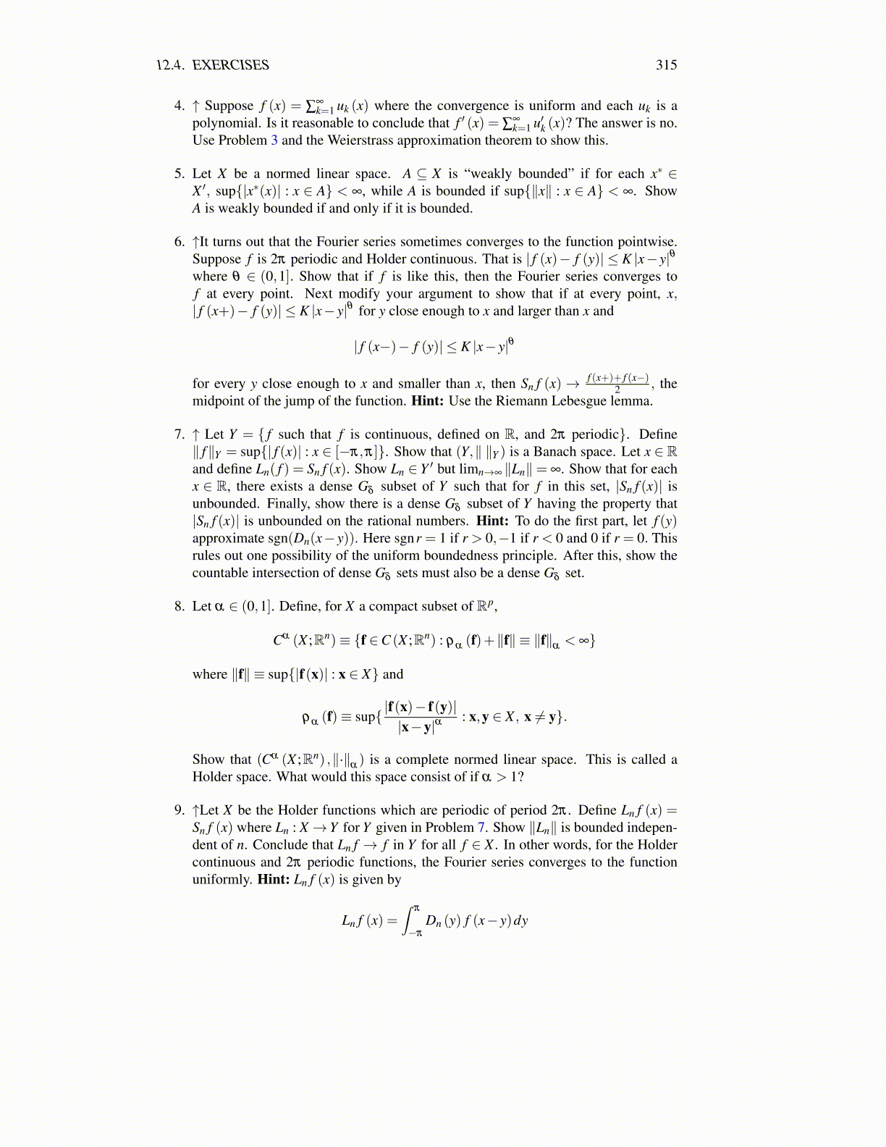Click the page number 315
(666, 65)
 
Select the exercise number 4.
(179, 106)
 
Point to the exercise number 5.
(179, 174)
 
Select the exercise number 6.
(179, 242)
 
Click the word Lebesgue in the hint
(577, 401)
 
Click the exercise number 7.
(179, 434)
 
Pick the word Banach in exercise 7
(555, 452)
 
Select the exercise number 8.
(179, 607)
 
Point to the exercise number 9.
(179, 810)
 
